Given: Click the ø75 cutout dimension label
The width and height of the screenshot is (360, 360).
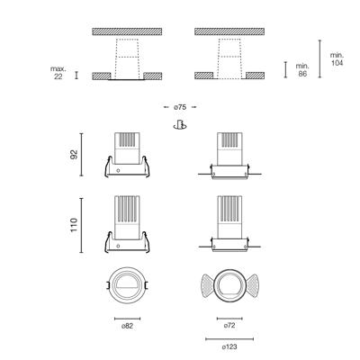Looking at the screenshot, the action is pyautogui.click(x=180, y=107).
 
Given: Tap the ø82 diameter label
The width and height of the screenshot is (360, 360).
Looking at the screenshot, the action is pyautogui.click(x=127, y=326).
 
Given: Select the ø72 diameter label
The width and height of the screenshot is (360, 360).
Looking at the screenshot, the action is pyautogui.click(x=229, y=326).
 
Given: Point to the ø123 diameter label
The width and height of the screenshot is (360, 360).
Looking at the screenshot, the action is pyautogui.click(x=229, y=347).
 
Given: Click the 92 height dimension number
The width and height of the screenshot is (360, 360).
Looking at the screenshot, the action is pyautogui.click(x=74, y=154).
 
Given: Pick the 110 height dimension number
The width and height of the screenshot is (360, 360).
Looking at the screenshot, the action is pyautogui.click(x=74, y=225).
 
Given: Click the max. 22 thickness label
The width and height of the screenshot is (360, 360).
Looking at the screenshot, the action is pyautogui.click(x=58, y=73).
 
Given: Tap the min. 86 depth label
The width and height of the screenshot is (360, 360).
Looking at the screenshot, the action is pyautogui.click(x=302, y=70).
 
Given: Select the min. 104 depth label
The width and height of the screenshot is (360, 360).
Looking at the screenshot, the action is pyautogui.click(x=337, y=59).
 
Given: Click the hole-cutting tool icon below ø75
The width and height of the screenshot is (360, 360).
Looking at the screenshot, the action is pyautogui.click(x=180, y=125).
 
